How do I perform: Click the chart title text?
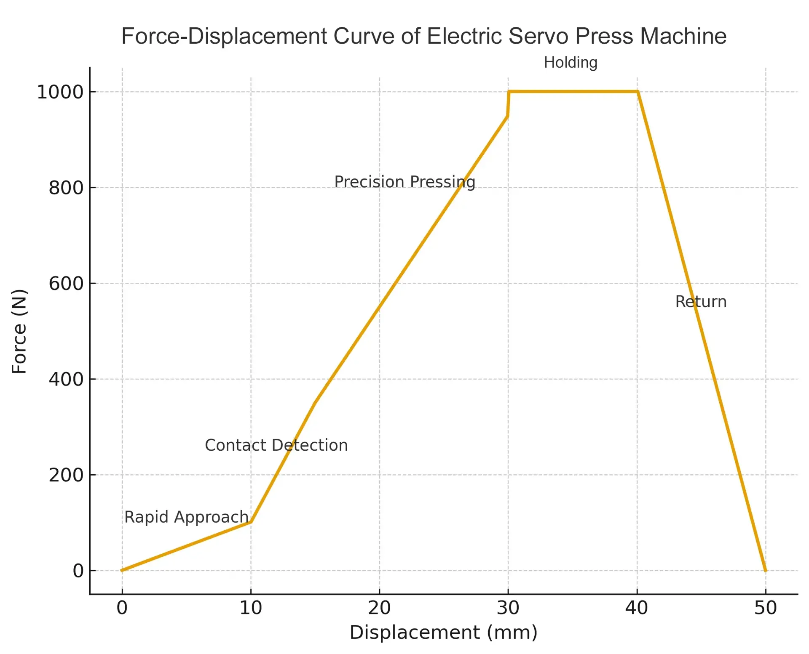click(x=423, y=36)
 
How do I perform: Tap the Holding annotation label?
click(x=570, y=63)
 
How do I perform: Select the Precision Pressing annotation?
click(x=404, y=182)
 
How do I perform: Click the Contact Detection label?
click(x=276, y=445)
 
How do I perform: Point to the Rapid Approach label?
click(x=186, y=517)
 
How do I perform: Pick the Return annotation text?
click(x=701, y=302)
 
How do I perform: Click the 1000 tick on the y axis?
click(x=60, y=92)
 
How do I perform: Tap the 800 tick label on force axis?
click(x=66, y=188)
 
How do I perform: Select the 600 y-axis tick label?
click(x=66, y=284)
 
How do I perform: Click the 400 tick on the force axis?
click(x=66, y=380)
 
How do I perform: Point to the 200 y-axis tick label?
click(x=66, y=476)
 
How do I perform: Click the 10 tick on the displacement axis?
click(x=251, y=608)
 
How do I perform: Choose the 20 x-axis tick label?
click(x=379, y=608)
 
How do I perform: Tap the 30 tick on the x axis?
click(x=508, y=608)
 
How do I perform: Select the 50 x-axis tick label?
click(x=765, y=608)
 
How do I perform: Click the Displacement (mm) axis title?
click(x=443, y=633)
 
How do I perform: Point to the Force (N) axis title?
click(x=19, y=331)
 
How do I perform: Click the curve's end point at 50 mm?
click(x=765, y=571)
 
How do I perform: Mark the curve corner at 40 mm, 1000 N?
click(x=638, y=91)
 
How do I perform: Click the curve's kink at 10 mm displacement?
click(x=251, y=522)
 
